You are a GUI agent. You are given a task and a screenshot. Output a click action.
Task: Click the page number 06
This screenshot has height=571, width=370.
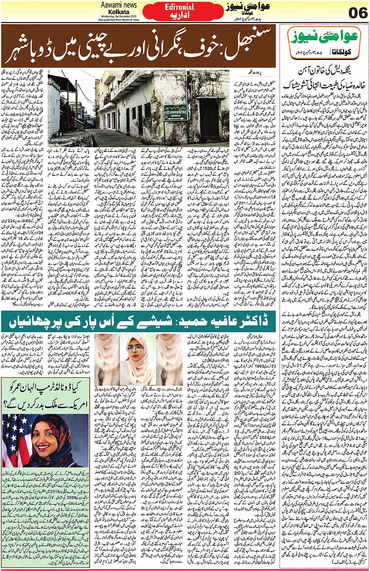point(357,13)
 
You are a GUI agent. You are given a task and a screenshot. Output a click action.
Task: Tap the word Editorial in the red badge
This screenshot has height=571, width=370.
point(179,7)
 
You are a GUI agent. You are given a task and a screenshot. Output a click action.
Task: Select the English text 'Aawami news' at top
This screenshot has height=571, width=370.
point(119,5)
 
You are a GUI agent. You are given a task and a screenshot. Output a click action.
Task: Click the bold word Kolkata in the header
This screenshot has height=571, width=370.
point(119,12)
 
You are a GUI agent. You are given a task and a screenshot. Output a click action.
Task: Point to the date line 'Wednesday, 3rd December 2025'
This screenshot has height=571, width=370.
point(119,16)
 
